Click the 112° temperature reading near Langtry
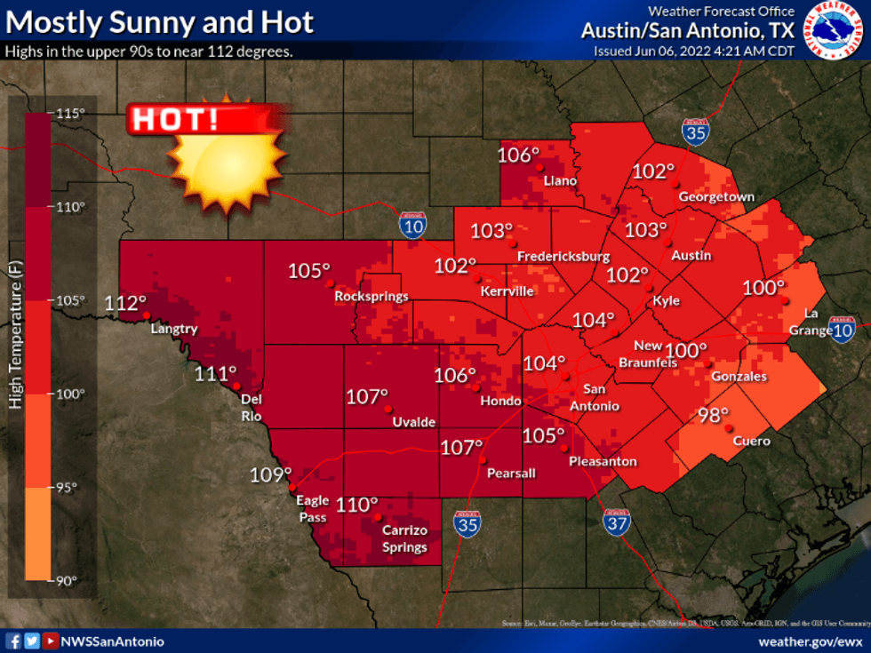(126, 302)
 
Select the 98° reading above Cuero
(713, 414)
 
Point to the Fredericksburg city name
(563, 257)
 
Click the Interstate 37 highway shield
(616, 523)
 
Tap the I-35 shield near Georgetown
(696, 131)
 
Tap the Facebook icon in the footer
(13, 641)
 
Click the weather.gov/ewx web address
(810, 641)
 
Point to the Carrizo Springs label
(404, 538)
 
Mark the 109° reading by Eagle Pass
(270, 475)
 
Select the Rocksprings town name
(372, 296)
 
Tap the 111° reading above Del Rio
(216, 374)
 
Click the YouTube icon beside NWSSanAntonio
(52, 641)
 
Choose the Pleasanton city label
(603, 461)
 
